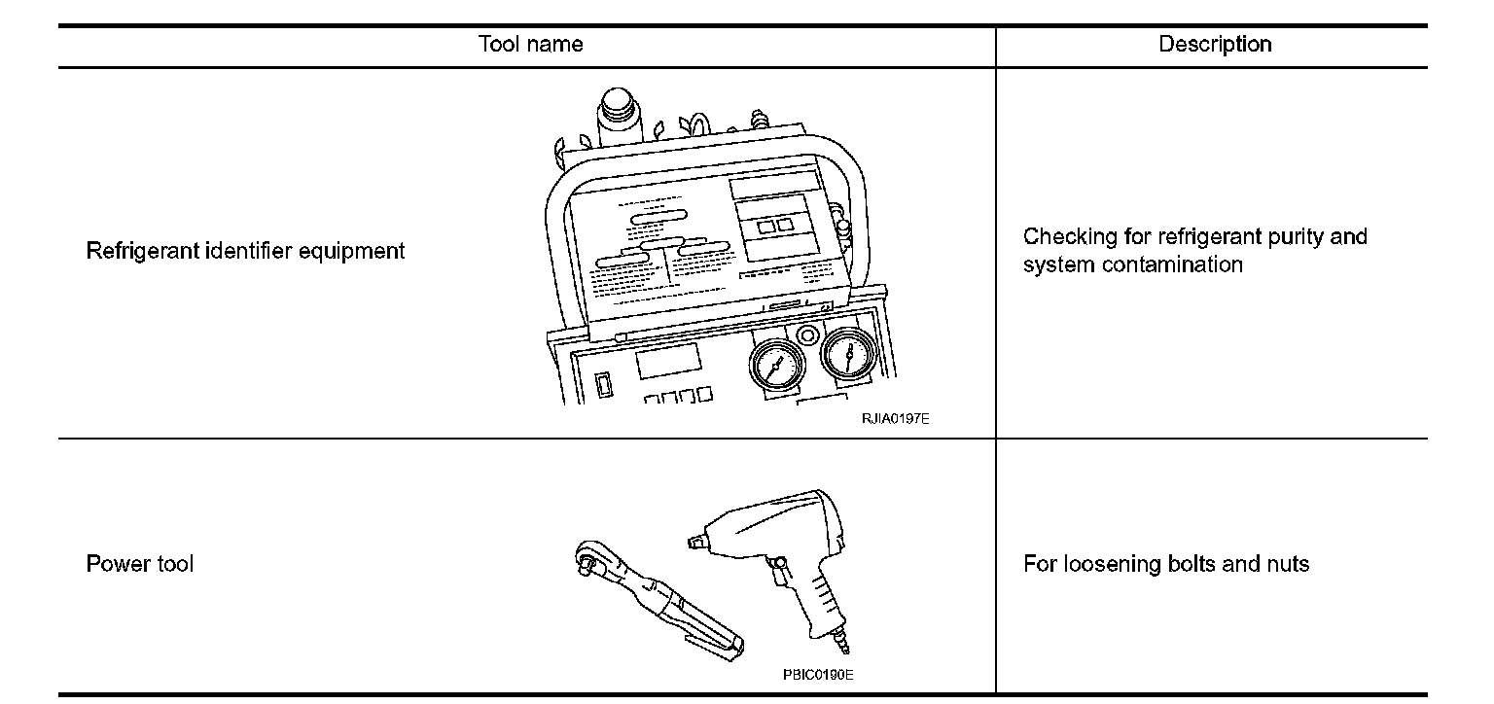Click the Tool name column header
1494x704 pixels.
coord(530,44)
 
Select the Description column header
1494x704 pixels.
coord(1215,44)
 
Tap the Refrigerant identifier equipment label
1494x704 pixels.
coord(245,251)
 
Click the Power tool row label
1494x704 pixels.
coord(140,564)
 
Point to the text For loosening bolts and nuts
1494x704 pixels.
coord(1166,564)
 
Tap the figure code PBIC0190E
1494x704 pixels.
coord(818,675)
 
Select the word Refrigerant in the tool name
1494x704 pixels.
coord(143,251)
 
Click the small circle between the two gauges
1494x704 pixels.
coord(806,335)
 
